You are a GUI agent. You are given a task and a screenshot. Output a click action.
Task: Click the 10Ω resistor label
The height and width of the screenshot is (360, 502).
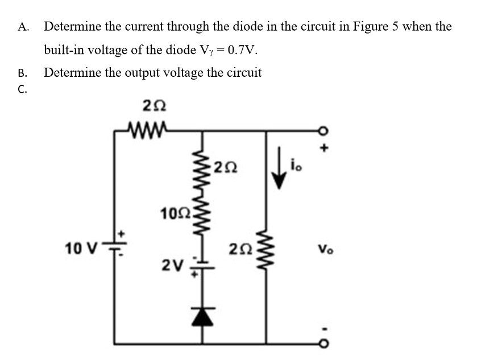click(x=172, y=214)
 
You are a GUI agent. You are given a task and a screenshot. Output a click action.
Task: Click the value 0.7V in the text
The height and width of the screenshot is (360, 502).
click(x=241, y=50)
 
